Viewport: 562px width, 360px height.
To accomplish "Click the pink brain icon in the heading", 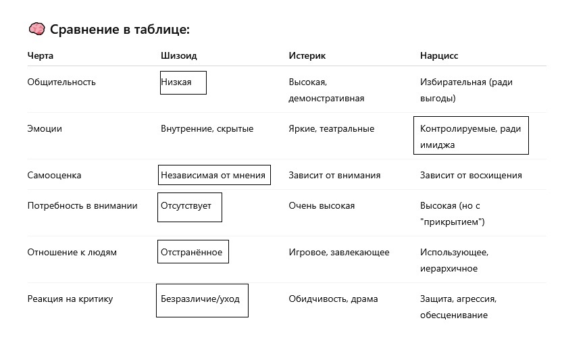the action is (36, 29).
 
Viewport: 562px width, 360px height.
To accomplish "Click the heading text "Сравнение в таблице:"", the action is (120, 30).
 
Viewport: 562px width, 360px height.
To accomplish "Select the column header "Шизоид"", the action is (179, 55).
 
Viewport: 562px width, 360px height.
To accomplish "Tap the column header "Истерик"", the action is (307, 55).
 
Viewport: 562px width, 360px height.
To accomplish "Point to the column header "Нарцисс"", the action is (439, 55).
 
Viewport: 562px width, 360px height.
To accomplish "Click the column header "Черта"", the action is (40, 55).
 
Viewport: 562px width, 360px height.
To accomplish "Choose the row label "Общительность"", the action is (61, 82).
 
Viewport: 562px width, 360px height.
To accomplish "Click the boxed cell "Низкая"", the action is (183, 82).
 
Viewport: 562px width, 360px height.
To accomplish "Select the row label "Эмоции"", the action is (45, 129).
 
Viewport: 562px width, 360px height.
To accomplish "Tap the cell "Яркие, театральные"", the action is (332, 129).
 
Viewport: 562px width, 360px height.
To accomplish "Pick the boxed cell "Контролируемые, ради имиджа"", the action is (471, 136).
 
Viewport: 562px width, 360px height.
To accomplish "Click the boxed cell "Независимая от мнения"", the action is (214, 175).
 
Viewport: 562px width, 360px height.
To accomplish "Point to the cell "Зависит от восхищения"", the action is (471, 176).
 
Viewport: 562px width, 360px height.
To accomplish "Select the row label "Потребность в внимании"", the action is (82, 206).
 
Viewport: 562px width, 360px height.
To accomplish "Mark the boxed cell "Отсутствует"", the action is (190, 207).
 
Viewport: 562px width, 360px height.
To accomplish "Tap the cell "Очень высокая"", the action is (322, 206).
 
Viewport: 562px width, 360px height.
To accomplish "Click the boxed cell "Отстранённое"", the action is (193, 251).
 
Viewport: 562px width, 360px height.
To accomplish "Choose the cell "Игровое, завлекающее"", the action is (339, 253).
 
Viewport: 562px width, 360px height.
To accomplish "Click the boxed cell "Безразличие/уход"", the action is (202, 301).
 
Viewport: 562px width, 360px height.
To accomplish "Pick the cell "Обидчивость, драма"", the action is (333, 299).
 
